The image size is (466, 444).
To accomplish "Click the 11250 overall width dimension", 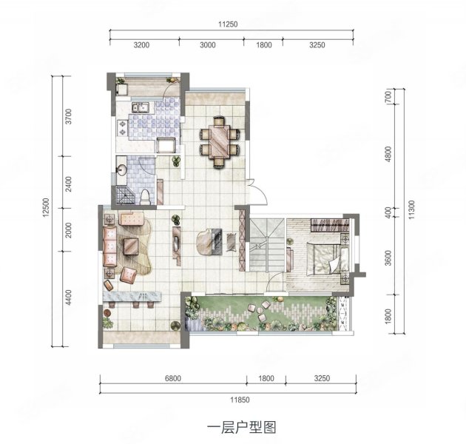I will (x=228, y=24).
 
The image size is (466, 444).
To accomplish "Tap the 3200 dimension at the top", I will (x=142, y=45).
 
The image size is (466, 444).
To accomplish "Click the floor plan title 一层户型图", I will (x=232, y=427).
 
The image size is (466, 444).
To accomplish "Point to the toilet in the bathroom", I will (x=146, y=197).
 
